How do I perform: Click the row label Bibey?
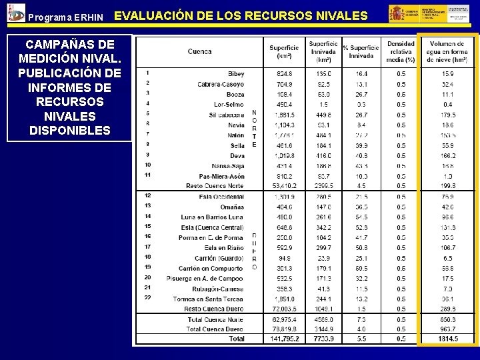236,74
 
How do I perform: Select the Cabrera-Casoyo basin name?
221,84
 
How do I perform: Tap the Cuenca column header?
200,51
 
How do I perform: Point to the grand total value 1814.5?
447,339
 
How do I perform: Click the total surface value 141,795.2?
284,339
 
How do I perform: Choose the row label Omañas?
231,207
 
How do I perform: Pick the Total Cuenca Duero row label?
215,329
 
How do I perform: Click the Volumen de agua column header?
447,51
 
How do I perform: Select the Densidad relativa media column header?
401,51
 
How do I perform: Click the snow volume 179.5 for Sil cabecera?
447,115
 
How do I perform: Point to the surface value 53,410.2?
284,185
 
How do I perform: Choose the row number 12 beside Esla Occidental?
147,196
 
